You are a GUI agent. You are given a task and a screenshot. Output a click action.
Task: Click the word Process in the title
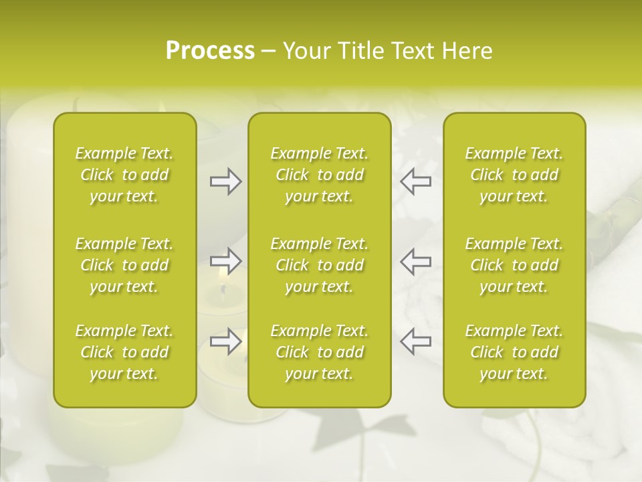210,51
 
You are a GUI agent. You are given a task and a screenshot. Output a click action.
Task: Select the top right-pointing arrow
226,181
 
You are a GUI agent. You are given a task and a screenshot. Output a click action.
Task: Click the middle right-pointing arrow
226,261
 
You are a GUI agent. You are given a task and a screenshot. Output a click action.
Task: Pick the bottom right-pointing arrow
226,341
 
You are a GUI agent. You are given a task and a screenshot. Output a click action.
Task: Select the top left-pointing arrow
415,181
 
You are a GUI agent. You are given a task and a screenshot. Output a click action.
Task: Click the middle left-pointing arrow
415,261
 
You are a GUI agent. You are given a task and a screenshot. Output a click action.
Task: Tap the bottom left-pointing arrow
415,341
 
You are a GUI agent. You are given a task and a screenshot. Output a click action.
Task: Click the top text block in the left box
124,175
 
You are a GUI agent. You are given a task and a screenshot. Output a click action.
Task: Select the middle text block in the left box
124,265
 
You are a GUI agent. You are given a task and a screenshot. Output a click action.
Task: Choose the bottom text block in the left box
124,352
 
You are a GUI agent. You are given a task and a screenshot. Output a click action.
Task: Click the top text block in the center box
319,175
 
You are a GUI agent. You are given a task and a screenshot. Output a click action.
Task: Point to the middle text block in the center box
319,265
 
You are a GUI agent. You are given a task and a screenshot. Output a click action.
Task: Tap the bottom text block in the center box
319,352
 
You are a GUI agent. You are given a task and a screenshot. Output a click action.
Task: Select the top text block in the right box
514,175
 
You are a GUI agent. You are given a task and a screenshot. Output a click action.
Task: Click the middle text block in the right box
514,265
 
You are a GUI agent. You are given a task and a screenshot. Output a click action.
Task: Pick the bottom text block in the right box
514,352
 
